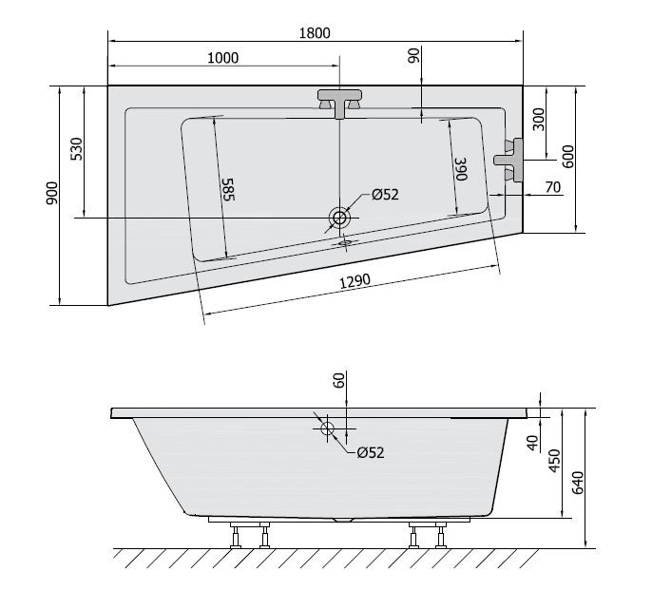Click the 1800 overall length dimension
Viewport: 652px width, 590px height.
point(315,33)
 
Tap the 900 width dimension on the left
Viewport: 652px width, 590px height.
point(51,194)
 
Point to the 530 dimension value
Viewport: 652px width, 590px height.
point(77,151)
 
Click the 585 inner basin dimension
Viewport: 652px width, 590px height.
point(228,189)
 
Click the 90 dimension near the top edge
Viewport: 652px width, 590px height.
point(414,58)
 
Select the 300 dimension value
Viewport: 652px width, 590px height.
point(539,120)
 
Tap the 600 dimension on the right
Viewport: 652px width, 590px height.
point(567,157)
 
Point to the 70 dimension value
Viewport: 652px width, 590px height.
point(552,188)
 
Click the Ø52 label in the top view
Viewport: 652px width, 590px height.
point(384,194)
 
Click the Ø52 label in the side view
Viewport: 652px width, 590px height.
point(370,453)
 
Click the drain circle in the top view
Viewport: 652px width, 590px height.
point(339,219)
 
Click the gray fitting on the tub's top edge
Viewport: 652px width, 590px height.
point(339,101)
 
